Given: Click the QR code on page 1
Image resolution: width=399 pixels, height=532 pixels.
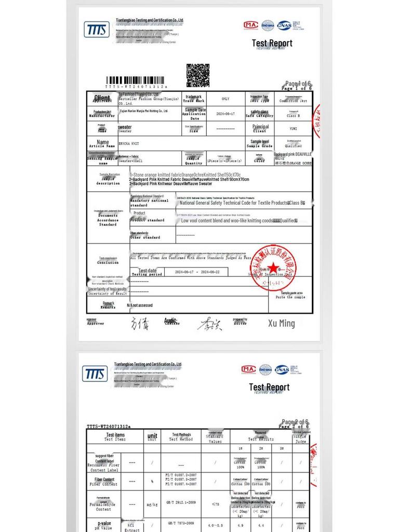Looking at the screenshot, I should pos(197,75).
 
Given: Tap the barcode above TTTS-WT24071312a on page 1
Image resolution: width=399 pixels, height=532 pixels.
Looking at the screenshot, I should pos(136,82).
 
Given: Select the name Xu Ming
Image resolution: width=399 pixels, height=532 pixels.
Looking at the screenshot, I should pos(281,323).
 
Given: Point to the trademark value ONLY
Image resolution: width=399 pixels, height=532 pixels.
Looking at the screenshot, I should pos(225,99).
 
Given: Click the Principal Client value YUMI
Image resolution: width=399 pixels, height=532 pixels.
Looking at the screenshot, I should pos(293,128).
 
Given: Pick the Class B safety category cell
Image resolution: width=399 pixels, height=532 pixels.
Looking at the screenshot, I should pos(293,114).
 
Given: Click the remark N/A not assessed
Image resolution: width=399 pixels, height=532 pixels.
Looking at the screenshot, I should pos(140,305).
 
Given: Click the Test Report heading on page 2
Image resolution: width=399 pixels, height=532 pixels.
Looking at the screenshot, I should pos(269,387).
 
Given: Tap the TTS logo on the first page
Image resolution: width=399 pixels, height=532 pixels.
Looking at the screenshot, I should pos(97,30).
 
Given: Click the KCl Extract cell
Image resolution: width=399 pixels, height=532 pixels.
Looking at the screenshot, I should pos(132,527).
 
